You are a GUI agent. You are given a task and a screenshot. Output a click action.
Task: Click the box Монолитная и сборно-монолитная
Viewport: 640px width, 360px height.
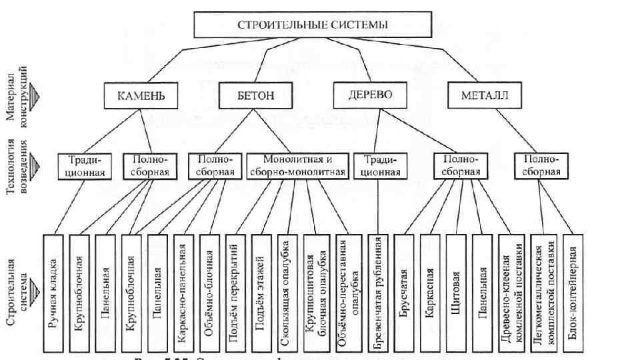297,166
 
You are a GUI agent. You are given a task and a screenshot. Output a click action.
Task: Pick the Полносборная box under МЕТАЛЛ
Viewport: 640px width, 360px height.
541,166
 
